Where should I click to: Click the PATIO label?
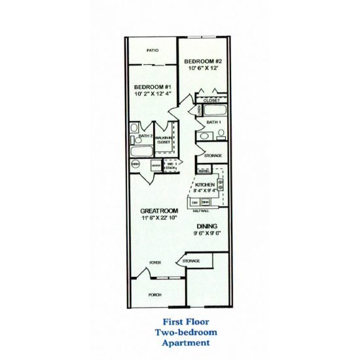tap(153, 50)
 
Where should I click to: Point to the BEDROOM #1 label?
tap(152, 87)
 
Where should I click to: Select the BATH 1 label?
tap(213, 122)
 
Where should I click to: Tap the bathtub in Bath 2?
tap(141, 151)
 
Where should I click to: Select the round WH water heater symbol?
tap(135, 165)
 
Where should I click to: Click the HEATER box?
tap(156, 166)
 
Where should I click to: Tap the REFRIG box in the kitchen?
tap(203, 171)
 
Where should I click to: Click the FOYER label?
tap(155, 262)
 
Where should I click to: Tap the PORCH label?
tap(155, 295)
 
